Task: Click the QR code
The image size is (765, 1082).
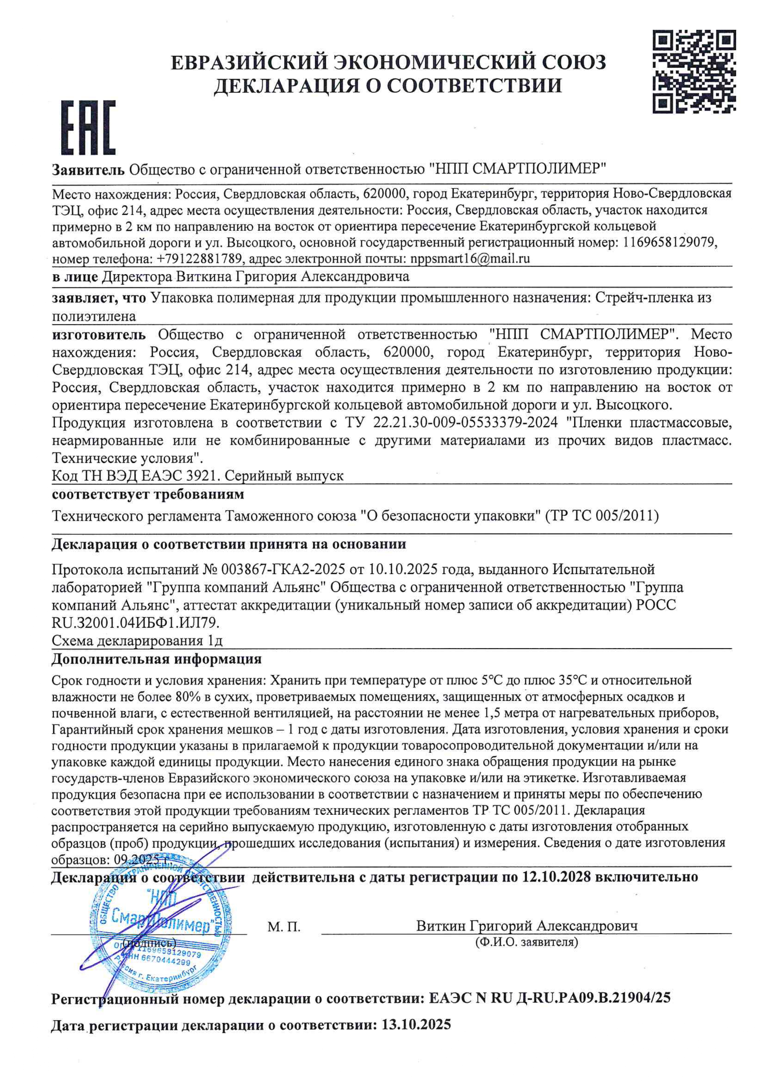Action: (694, 72)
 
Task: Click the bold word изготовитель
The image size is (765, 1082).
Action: (98, 335)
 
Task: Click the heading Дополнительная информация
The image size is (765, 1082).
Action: (156, 659)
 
